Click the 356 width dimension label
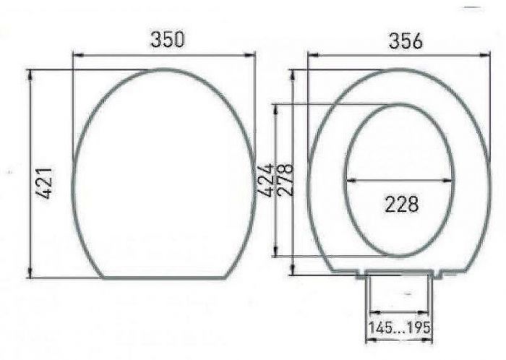click(405, 41)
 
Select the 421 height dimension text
click(44, 183)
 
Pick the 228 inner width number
click(401, 204)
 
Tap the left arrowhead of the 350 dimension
click(77, 54)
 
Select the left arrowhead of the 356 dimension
click(312, 55)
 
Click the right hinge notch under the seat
click(439, 274)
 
